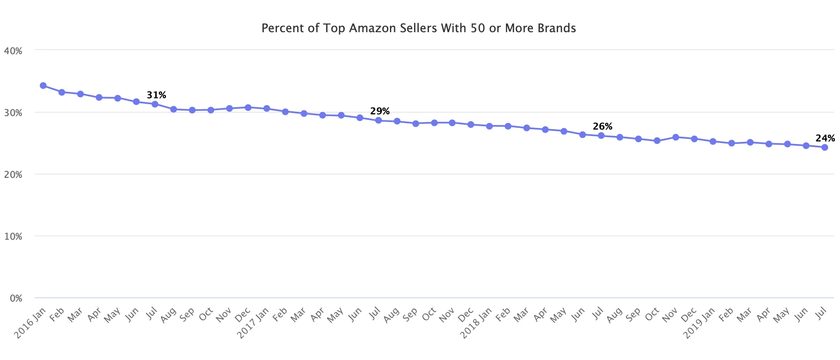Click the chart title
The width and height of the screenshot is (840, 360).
pyautogui.click(x=419, y=28)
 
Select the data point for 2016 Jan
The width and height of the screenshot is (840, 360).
pyautogui.click(x=43, y=86)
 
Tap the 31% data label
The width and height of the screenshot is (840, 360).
pyautogui.click(x=157, y=95)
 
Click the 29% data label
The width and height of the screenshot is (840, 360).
pyautogui.click(x=380, y=111)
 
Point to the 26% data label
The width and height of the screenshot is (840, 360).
pyautogui.click(x=602, y=126)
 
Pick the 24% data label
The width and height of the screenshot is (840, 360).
pyautogui.click(x=825, y=138)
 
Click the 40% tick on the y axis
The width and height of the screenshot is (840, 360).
pyautogui.click(x=13, y=51)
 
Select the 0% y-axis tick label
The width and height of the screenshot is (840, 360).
pyautogui.click(x=16, y=298)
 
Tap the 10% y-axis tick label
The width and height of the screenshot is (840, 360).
pyautogui.click(x=13, y=236)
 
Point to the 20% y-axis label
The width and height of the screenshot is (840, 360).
pyautogui.click(x=13, y=174)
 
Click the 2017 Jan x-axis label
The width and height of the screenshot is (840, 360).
pyautogui.click(x=253, y=323)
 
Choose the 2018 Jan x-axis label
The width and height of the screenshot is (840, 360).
pyautogui.click(x=476, y=323)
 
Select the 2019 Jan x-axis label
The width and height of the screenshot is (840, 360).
pyautogui.click(x=700, y=323)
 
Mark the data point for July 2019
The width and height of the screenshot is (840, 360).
pyautogui.click(x=825, y=147)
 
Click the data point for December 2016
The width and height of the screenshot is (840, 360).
pyautogui.click(x=248, y=108)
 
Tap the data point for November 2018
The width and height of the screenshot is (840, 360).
pyautogui.click(x=676, y=137)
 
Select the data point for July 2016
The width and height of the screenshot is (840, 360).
pyautogui.click(x=155, y=104)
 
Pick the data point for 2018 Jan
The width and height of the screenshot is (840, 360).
pyautogui.click(x=489, y=126)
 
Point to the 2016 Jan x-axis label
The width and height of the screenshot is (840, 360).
pyautogui.click(x=30, y=323)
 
